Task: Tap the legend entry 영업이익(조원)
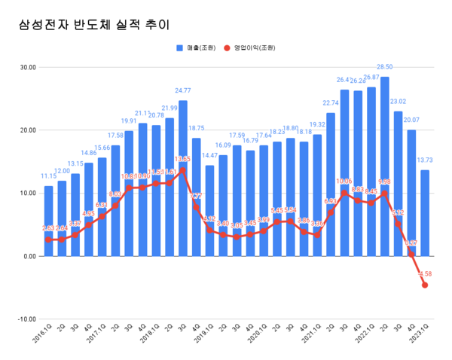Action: point(254,47)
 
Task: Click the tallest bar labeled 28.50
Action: point(385,166)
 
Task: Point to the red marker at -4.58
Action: point(426,285)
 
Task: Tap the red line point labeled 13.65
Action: point(182,170)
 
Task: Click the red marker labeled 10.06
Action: point(344,193)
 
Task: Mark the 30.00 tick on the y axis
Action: point(28,67)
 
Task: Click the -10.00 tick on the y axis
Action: point(27,319)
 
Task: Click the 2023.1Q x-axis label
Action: point(420,336)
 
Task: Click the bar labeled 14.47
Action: point(209,210)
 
